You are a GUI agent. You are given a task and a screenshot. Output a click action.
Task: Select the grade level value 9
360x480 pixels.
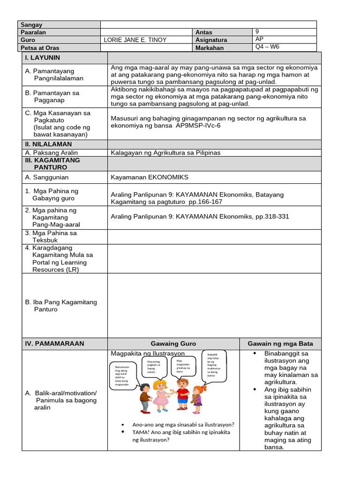coord(257,31)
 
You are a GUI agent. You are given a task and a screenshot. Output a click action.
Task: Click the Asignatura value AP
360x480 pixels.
coord(260,39)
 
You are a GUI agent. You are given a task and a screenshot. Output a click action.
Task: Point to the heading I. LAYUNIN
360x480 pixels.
coord(43,58)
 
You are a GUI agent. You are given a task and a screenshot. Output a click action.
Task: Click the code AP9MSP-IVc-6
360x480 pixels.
coord(199,126)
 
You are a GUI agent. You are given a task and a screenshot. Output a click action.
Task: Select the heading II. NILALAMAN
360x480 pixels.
coord(48,144)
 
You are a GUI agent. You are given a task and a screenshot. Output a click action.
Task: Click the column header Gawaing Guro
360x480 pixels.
coord(173,344)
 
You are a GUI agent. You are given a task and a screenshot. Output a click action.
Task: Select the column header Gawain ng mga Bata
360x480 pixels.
coord(280,344)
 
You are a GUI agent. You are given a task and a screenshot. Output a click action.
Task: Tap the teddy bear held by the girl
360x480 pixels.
coord(193,399)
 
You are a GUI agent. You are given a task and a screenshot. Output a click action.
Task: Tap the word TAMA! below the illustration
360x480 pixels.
coord(141,432)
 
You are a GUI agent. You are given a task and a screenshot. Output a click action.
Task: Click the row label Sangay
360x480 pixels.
coord(31,25)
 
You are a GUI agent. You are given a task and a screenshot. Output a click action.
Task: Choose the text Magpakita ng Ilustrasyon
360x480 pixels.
coord(148,353)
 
